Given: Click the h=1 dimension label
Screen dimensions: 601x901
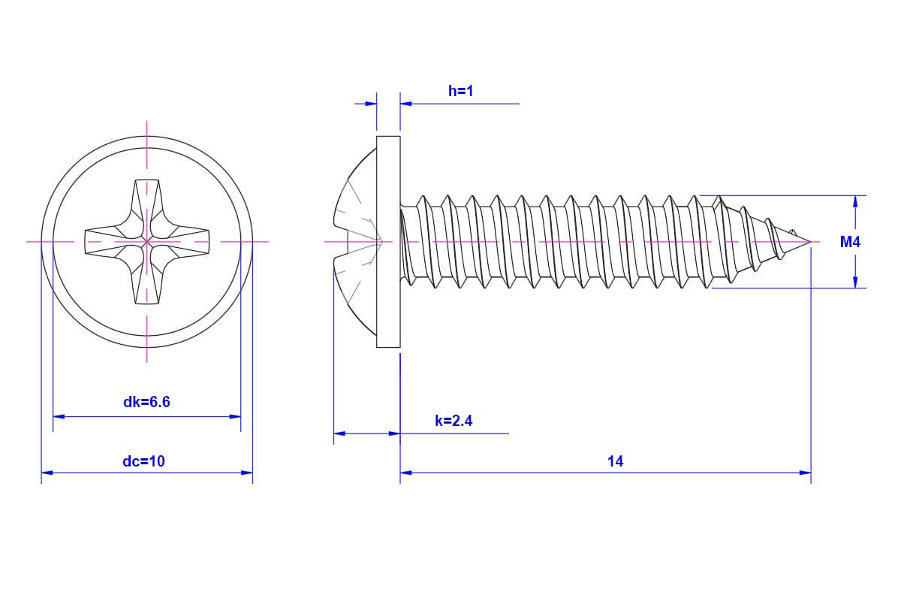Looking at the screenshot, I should pos(460,92).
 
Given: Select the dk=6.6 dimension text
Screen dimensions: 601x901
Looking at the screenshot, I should pos(146,403).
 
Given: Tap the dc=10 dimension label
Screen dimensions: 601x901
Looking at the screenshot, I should pos(143,461).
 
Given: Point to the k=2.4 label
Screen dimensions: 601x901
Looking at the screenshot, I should pos(454,421).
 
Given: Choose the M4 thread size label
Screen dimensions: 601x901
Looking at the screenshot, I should pos(850,243).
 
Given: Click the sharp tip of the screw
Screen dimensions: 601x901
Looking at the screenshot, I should pos(809,242).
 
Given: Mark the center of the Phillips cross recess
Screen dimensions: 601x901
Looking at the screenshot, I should pos(146,242).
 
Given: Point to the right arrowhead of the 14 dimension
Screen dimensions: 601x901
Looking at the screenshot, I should pos(806,473).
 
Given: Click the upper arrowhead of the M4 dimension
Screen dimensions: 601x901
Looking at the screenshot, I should pos(855,201).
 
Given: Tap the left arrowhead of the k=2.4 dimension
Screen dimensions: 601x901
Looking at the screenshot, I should pos(339,433).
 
